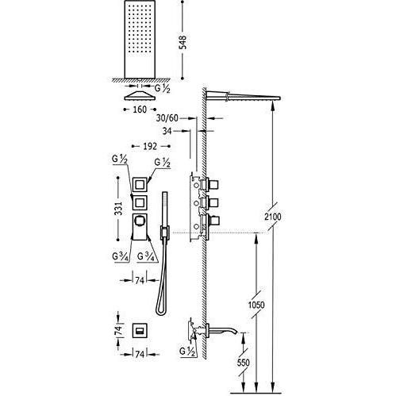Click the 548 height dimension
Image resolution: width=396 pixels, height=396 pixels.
click(183, 42)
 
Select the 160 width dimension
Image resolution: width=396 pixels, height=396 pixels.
click(140, 110)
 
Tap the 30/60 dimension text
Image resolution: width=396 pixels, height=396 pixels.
click(167, 118)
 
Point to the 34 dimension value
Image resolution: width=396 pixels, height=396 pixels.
click(167, 131)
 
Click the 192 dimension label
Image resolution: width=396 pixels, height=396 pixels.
click(150, 146)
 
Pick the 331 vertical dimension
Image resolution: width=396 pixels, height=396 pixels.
click(119, 208)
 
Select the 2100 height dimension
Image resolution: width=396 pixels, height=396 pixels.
click(273, 217)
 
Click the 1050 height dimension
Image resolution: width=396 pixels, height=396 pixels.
click(256, 305)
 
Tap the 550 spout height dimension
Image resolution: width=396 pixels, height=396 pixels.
click(244, 363)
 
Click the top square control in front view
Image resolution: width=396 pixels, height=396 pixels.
click(140, 184)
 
